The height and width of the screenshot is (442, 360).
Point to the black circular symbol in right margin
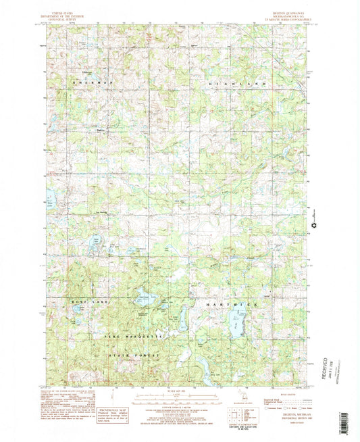313,226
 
